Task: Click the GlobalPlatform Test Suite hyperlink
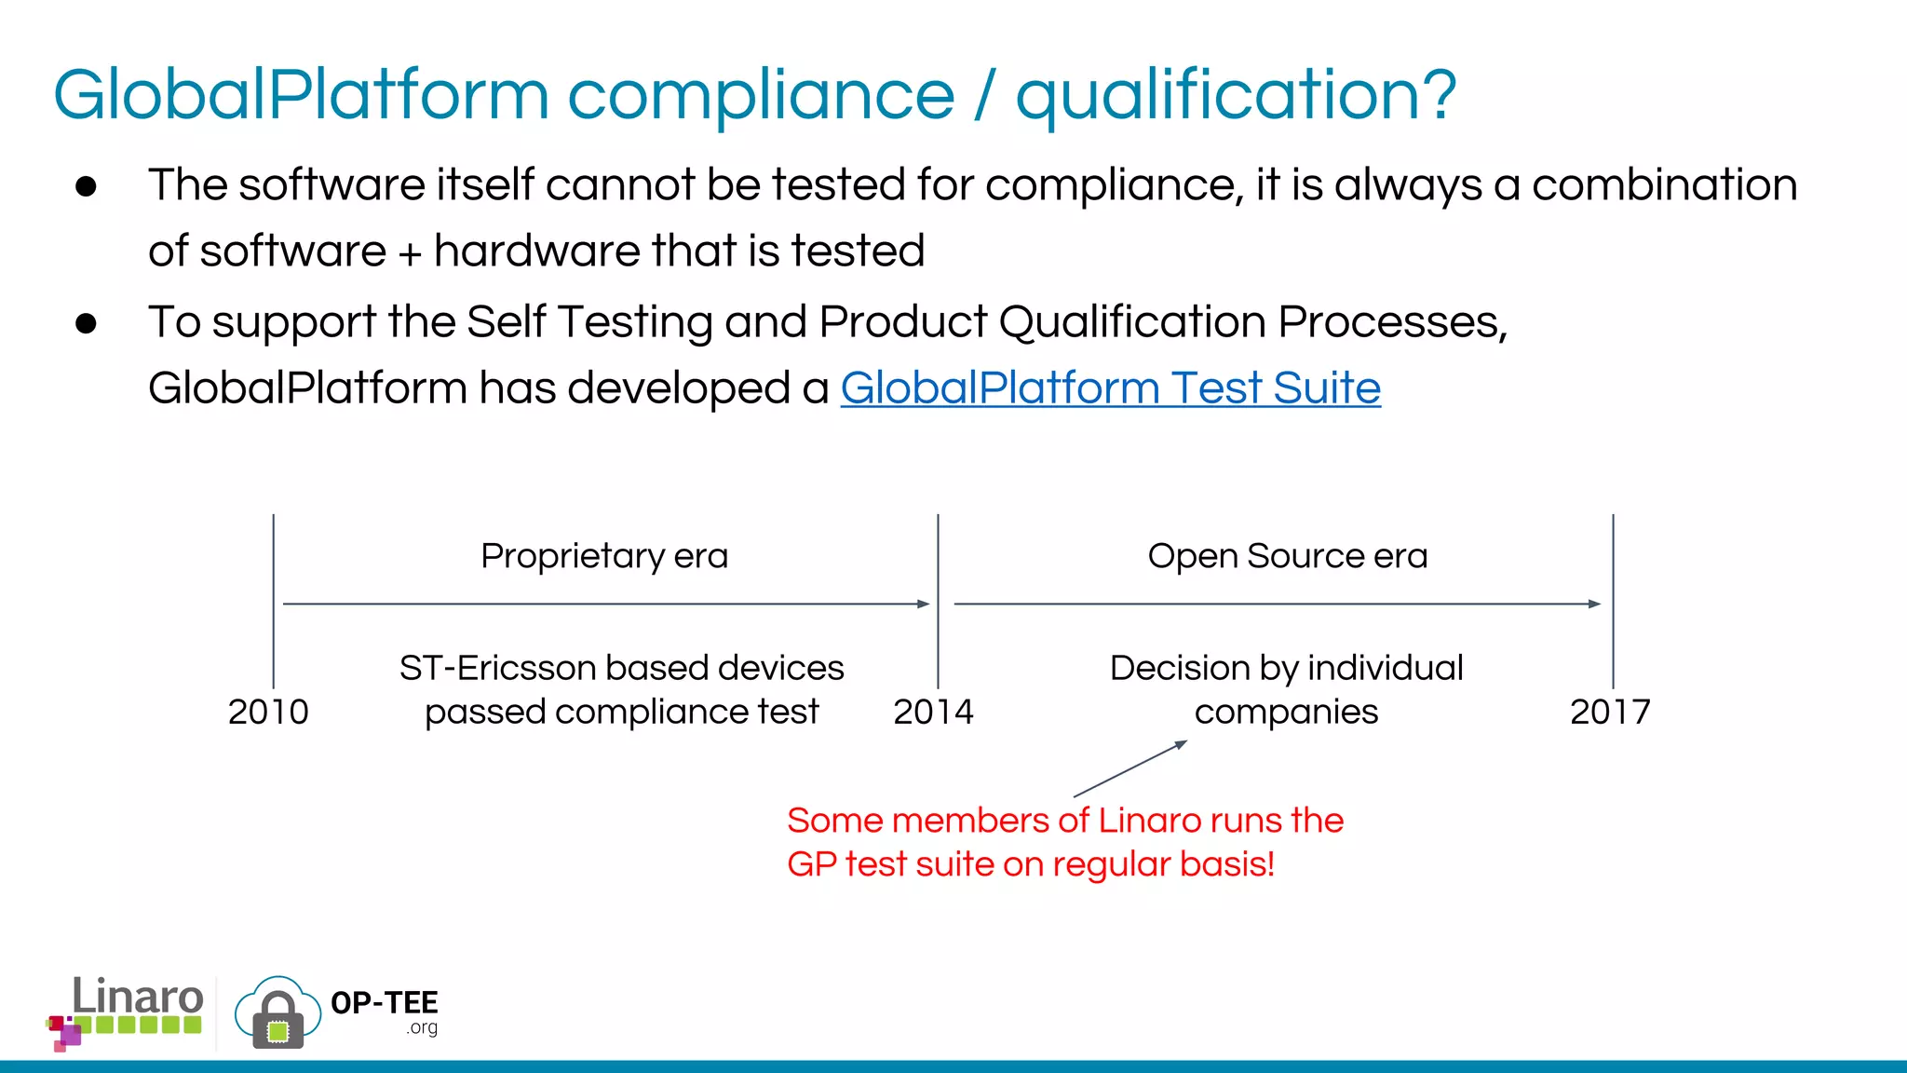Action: [x=1110, y=388]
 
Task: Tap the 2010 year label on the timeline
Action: [x=268, y=713]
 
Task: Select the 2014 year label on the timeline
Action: [x=933, y=713]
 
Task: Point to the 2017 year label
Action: [x=1610, y=713]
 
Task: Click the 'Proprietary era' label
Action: [x=604, y=556]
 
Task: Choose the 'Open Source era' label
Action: [x=1287, y=556]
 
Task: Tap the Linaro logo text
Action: [x=138, y=997]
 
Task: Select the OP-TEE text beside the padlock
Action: [x=384, y=1003]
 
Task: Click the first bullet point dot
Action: [x=87, y=186]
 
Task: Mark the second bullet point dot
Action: [x=87, y=323]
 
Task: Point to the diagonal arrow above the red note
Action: [x=1130, y=768]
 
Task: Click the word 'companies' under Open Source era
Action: [x=1286, y=713]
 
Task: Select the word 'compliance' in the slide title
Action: [x=761, y=96]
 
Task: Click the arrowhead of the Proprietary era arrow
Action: [x=924, y=604]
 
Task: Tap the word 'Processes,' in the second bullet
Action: [x=1392, y=323]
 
